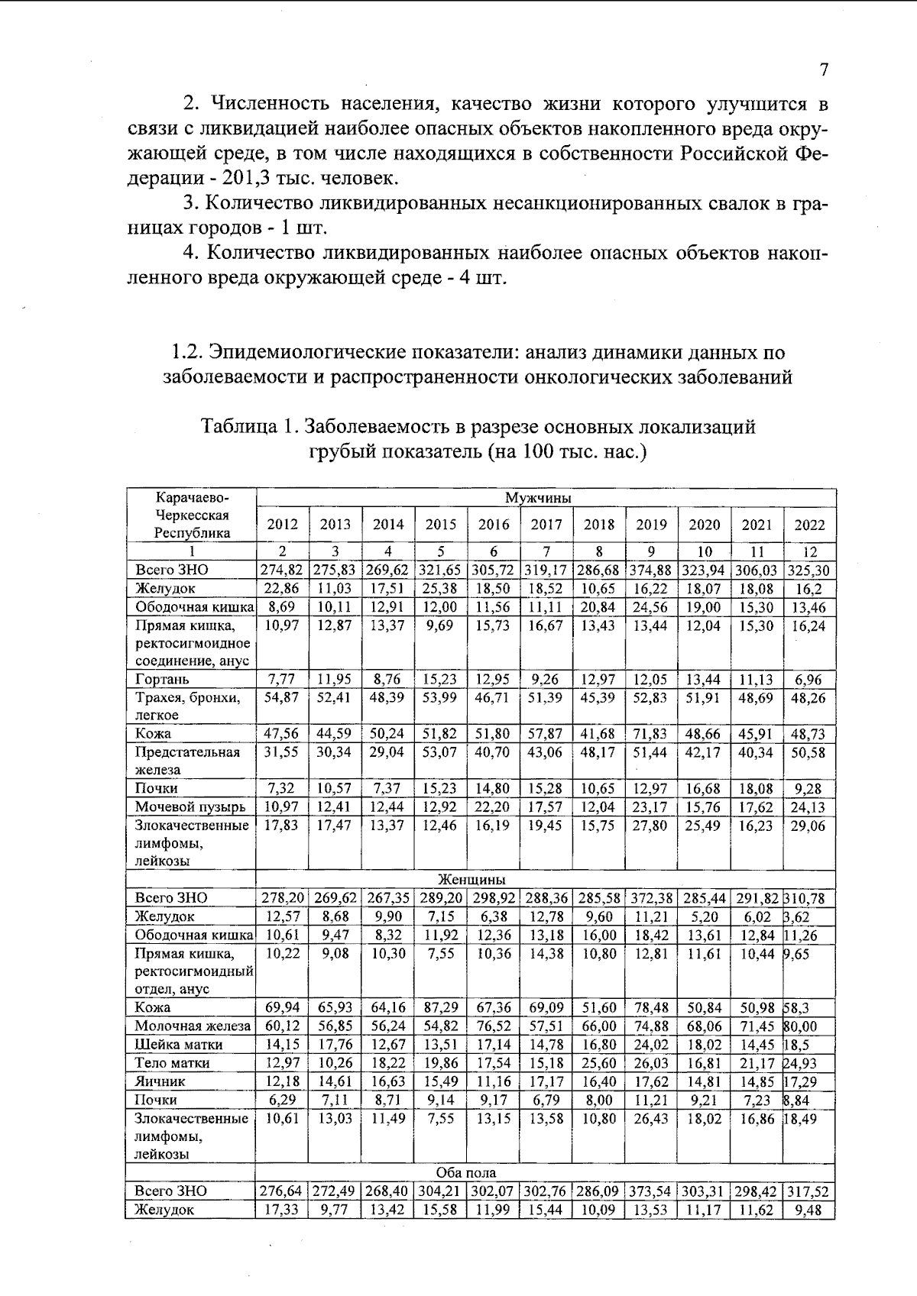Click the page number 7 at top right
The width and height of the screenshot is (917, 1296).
click(824, 70)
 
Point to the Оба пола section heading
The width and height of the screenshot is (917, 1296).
click(465, 1172)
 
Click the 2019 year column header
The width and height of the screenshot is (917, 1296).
click(651, 525)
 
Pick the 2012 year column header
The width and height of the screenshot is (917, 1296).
click(282, 525)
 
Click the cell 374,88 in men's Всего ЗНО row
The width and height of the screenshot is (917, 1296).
click(651, 570)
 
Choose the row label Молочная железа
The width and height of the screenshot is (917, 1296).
click(192, 1026)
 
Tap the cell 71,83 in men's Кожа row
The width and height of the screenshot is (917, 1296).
click(650, 734)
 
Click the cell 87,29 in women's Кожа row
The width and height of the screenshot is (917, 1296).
click(440, 1008)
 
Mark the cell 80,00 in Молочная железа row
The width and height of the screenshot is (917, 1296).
click(799, 1026)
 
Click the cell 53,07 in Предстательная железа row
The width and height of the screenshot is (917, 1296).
click(440, 752)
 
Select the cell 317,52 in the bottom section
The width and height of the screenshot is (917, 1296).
click(809, 1191)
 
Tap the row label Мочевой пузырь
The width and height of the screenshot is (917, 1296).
click(190, 807)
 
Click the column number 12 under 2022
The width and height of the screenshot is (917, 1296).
click(810, 551)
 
